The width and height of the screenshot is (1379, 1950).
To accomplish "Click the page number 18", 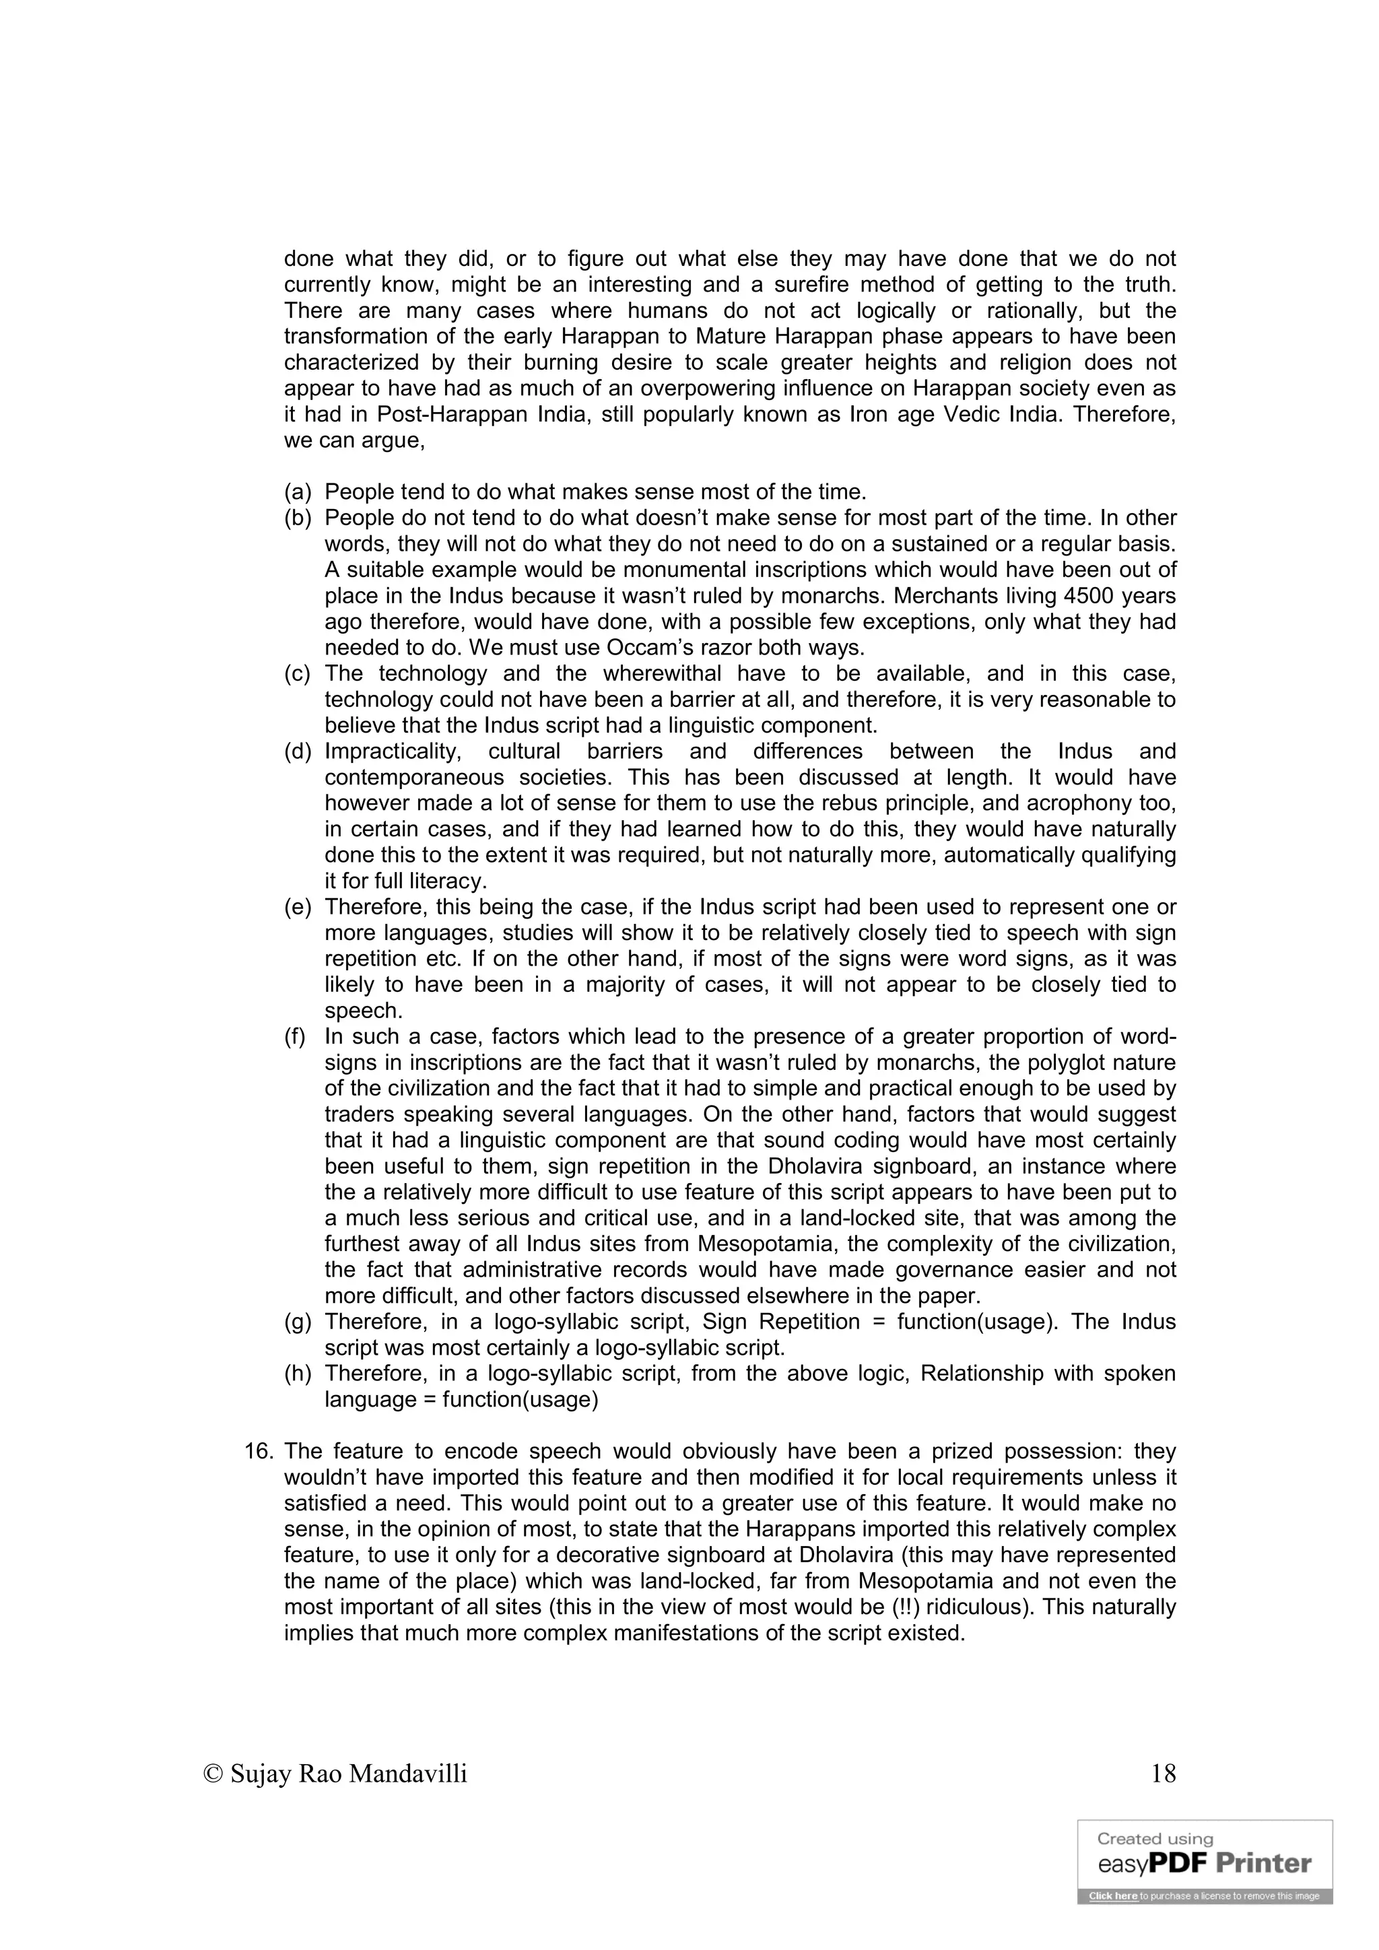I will [x=1164, y=1774].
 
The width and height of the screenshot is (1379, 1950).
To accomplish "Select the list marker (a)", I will [x=297, y=492].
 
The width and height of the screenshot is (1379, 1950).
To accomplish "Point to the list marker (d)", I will [x=297, y=751].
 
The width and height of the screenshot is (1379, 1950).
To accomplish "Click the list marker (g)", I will [x=297, y=1322].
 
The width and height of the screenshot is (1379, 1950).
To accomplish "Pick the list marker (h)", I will [x=297, y=1374].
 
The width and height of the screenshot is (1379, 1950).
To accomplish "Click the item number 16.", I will [x=258, y=1452].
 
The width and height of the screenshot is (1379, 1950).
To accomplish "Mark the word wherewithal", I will [x=663, y=674].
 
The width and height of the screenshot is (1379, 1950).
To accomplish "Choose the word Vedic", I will [x=976, y=415].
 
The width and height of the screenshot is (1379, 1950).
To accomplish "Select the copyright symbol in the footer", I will [x=213, y=1774].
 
